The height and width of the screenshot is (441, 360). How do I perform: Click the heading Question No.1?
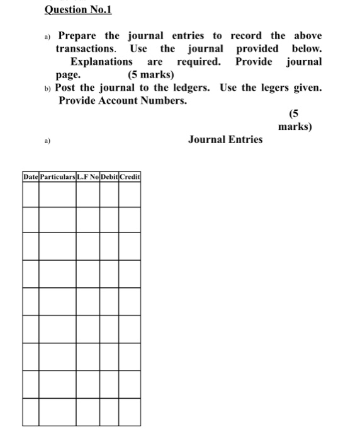coord(74,9)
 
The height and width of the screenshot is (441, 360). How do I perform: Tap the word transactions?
coord(86,49)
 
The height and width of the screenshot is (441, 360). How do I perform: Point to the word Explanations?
coord(101,62)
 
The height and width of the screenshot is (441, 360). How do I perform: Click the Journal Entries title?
coord(225,139)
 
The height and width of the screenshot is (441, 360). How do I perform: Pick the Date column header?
coord(30,177)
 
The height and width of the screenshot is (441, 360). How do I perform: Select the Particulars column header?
coord(57,177)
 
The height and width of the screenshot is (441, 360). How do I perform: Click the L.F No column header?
coord(87,177)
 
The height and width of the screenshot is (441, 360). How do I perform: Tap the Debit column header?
coord(109,177)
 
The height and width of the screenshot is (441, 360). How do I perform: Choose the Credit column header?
coord(130,177)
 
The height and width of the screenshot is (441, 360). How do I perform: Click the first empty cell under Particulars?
coord(57,193)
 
